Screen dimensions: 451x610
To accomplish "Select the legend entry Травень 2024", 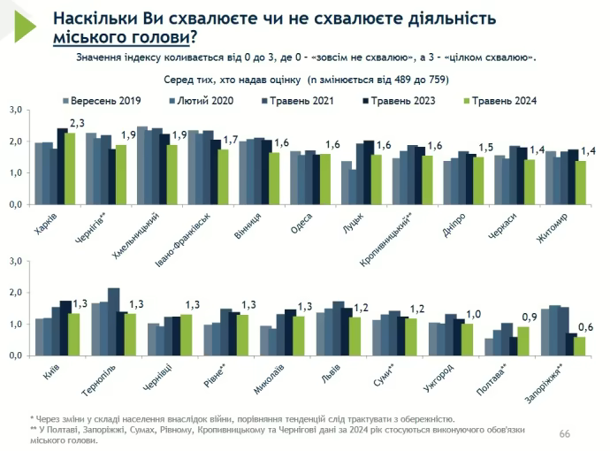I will coord(505,101).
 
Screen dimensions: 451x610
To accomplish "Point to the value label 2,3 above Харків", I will coord(77,123).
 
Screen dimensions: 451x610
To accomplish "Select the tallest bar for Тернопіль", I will coord(113,321).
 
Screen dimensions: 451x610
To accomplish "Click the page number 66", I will coord(565,433).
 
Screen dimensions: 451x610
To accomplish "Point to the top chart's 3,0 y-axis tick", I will coord(15,110).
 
